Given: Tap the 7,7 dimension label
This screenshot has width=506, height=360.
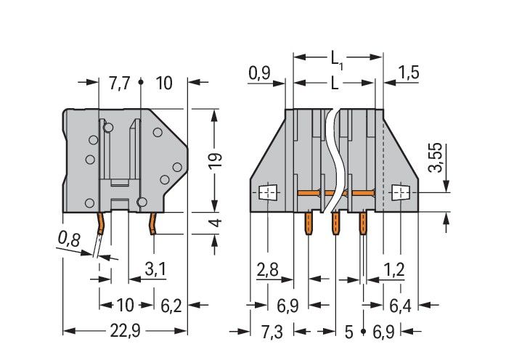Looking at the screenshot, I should pos(119,83).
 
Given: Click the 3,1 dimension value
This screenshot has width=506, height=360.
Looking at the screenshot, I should pos(155,270).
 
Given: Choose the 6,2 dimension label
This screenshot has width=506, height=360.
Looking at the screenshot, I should pos(171,306).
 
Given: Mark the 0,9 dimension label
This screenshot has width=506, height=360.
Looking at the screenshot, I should pos(259,73).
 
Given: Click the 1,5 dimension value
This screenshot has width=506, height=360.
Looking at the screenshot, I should pos(409,73).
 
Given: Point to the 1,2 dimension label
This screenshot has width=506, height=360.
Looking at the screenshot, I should pos(394,270).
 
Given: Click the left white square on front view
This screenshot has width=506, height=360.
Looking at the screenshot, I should pos(268,192).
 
